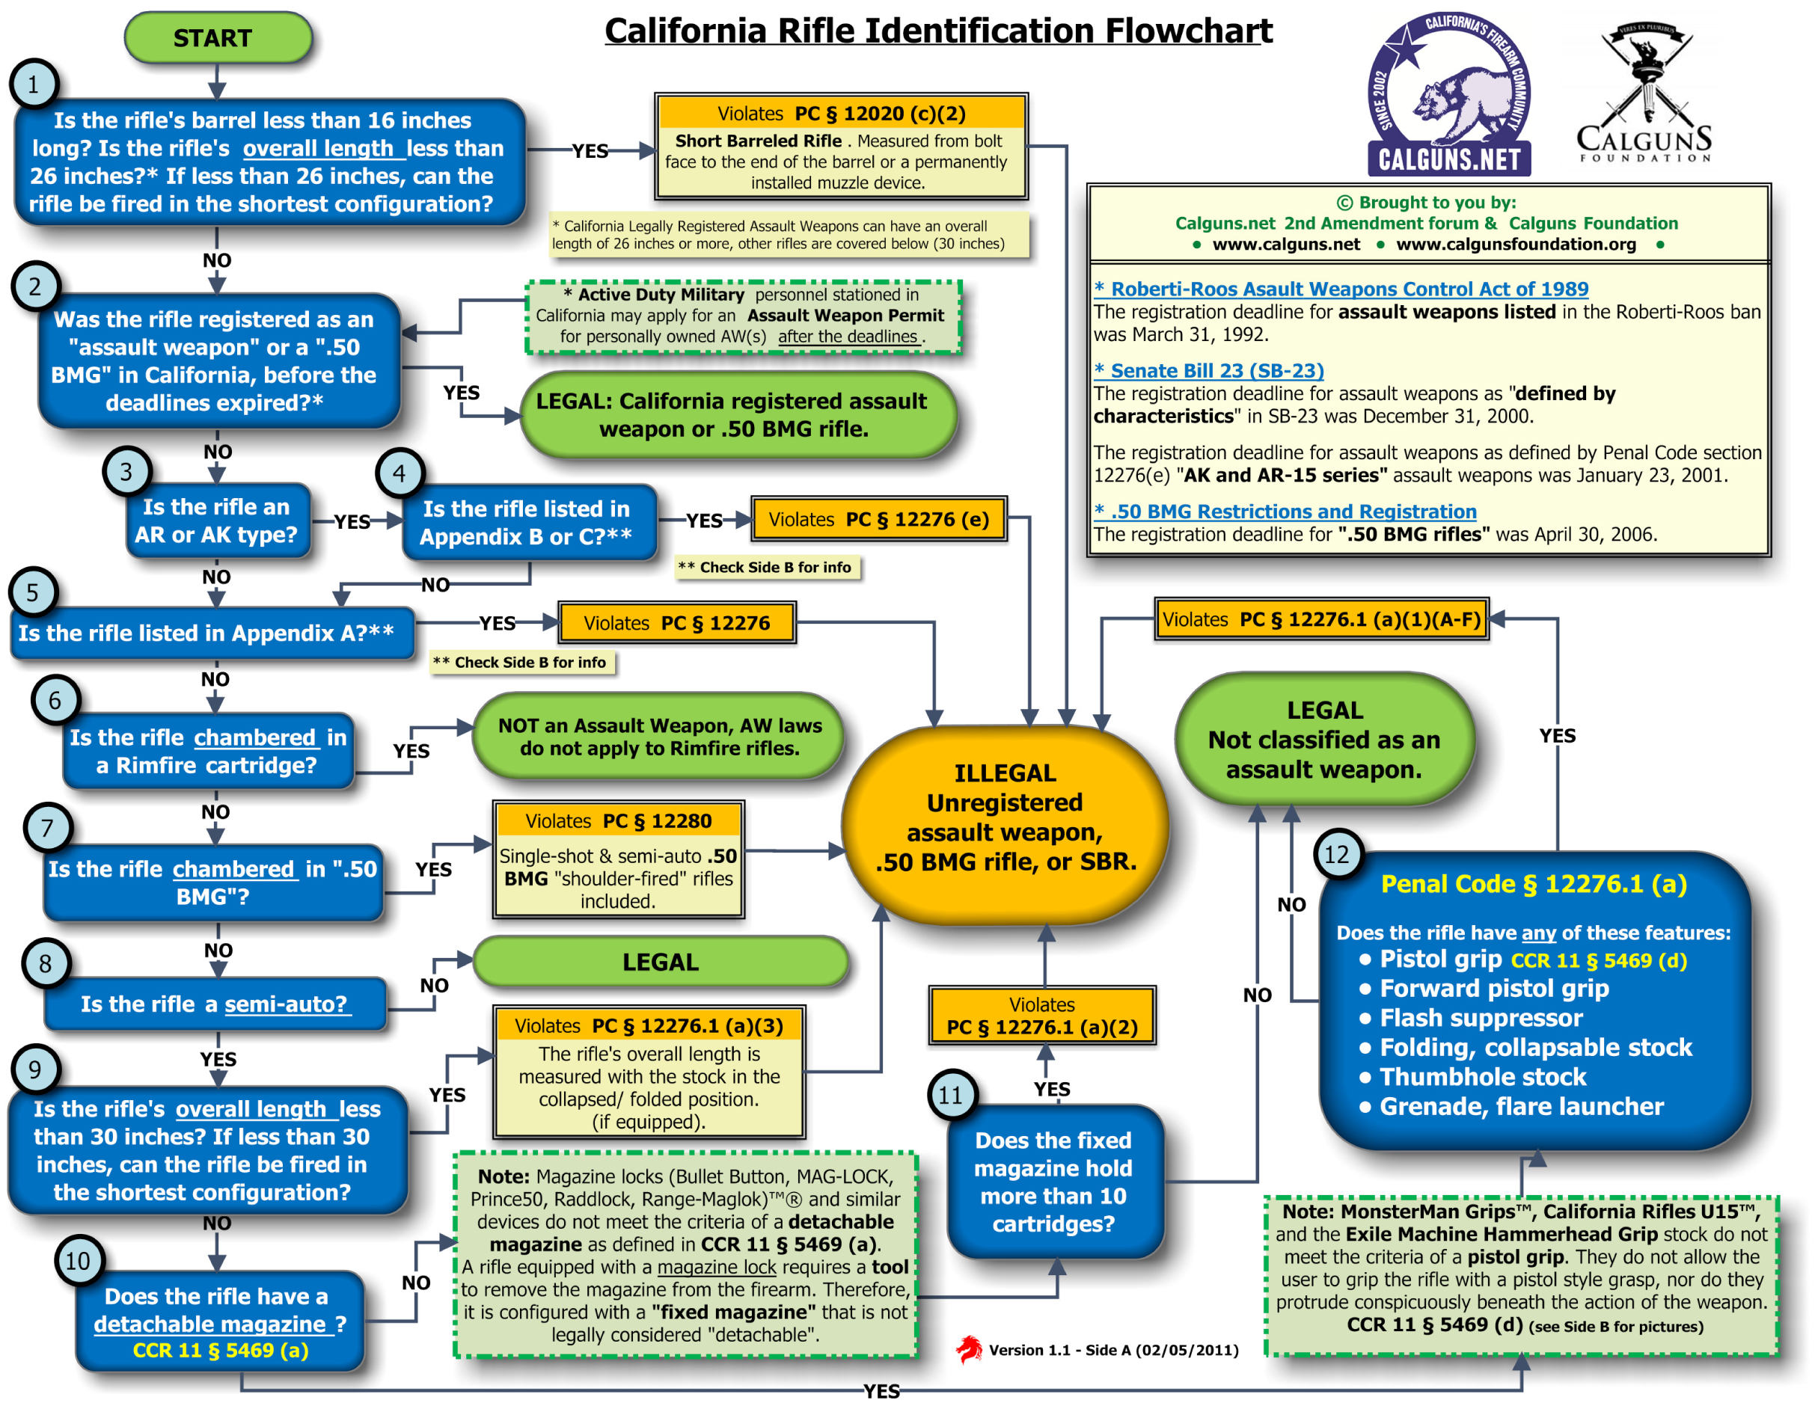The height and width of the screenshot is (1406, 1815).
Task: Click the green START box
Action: pyautogui.click(x=218, y=37)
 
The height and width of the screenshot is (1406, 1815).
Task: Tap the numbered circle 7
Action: pyautogui.click(x=47, y=827)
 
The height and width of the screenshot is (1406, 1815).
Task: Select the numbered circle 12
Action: pyautogui.click(x=1336, y=854)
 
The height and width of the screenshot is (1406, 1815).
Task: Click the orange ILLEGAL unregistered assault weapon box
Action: pyautogui.click(x=1005, y=817)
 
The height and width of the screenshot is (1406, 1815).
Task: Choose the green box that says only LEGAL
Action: pyautogui.click(x=661, y=962)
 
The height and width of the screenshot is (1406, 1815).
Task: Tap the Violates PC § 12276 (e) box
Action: pyautogui.click(x=878, y=519)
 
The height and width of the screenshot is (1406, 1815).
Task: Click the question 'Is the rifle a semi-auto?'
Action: pyautogui.click(x=215, y=1004)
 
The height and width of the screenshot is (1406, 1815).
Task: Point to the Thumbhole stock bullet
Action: pyautogui.click(x=1483, y=1077)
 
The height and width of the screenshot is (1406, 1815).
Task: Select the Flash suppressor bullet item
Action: pyautogui.click(x=1481, y=1018)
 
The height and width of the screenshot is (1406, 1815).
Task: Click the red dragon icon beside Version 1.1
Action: pyautogui.click(x=967, y=1349)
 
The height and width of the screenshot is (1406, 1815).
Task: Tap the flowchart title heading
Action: pyautogui.click(x=938, y=31)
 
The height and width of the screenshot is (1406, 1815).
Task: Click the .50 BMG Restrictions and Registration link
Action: pyautogui.click(x=1293, y=511)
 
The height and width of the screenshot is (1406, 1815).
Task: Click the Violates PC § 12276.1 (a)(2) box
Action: pyautogui.click(x=1042, y=1016)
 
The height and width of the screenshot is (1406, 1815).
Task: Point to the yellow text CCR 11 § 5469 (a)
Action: pyautogui.click(x=221, y=1351)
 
